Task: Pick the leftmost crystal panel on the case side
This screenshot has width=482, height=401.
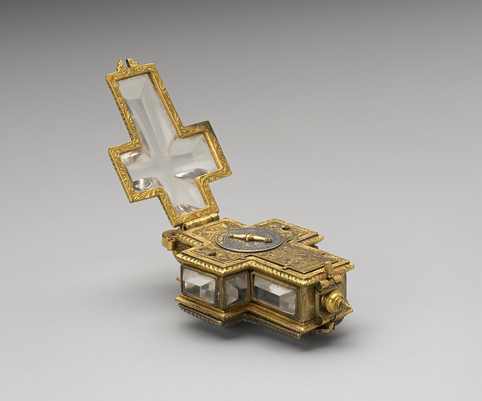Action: [199, 286]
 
